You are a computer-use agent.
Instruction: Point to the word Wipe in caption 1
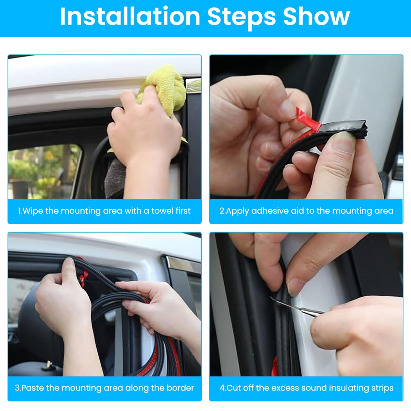[x=33, y=211]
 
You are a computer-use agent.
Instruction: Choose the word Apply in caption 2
[x=238, y=211]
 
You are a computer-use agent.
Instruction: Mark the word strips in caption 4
[x=382, y=388]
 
